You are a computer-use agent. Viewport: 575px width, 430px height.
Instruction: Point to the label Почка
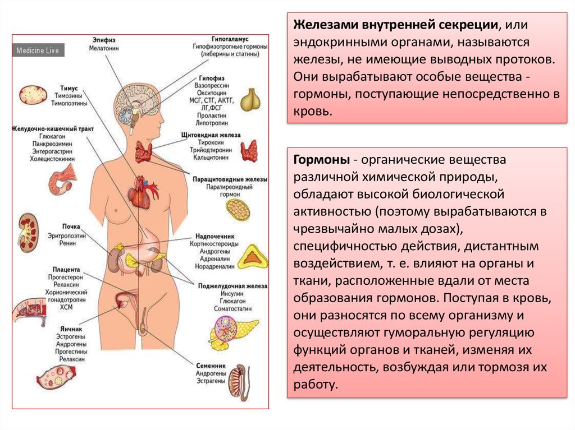coord(71,227)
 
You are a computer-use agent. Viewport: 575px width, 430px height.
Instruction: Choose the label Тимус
coord(67,89)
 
